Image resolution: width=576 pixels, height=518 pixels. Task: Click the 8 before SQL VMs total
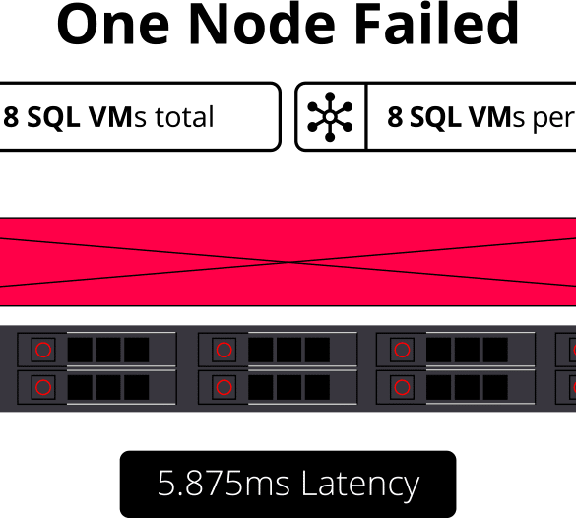click(11, 117)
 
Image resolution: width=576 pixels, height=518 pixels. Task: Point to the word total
click(184, 117)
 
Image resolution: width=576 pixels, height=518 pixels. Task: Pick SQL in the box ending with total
click(53, 118)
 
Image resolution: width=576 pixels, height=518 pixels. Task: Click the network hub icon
click(330, 117)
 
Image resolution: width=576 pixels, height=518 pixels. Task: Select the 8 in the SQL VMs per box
click(395, 117)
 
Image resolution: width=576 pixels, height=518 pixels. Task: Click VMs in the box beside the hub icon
click(496, 117)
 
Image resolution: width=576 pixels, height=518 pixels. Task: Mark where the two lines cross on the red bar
click(289, 262)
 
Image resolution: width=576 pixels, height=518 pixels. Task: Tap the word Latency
click(360, 485)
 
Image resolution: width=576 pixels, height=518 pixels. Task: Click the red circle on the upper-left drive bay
click(43, 350)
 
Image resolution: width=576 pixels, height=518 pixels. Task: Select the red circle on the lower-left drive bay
click(43, 387)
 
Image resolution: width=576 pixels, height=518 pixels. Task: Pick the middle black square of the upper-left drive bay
click(108, 350)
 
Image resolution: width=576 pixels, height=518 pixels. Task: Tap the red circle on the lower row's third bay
click(402, 387)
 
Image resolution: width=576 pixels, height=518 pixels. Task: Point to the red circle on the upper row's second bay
click(224, 350)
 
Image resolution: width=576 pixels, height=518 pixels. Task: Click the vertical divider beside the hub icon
click(366, 117)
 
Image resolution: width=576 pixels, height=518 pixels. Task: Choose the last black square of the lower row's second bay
click(317, 387)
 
